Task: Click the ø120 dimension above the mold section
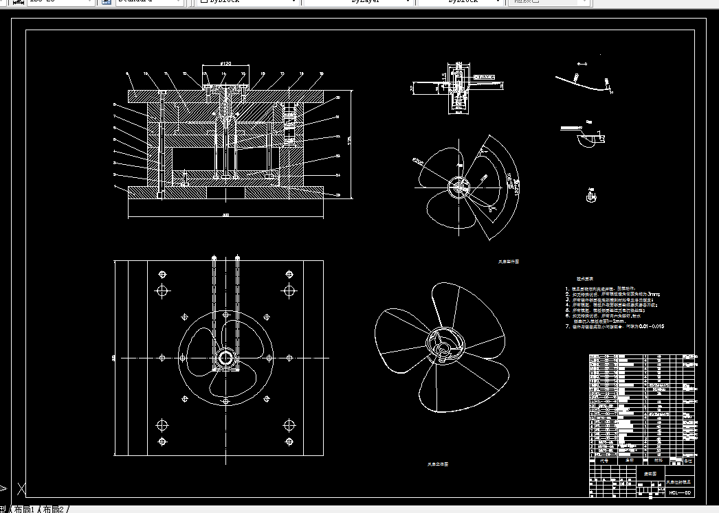point(224,64)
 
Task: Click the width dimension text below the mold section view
point(225,215)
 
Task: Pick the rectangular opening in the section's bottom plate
point(225,194)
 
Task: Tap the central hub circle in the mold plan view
point(225,357)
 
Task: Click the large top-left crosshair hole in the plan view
point(162,290)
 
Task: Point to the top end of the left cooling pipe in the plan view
point(215,259)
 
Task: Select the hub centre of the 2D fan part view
point(457,186)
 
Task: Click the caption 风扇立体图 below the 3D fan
point(438,465)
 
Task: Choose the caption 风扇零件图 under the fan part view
point(509,262)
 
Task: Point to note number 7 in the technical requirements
point(568,327)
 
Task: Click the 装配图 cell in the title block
point(650,474)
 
